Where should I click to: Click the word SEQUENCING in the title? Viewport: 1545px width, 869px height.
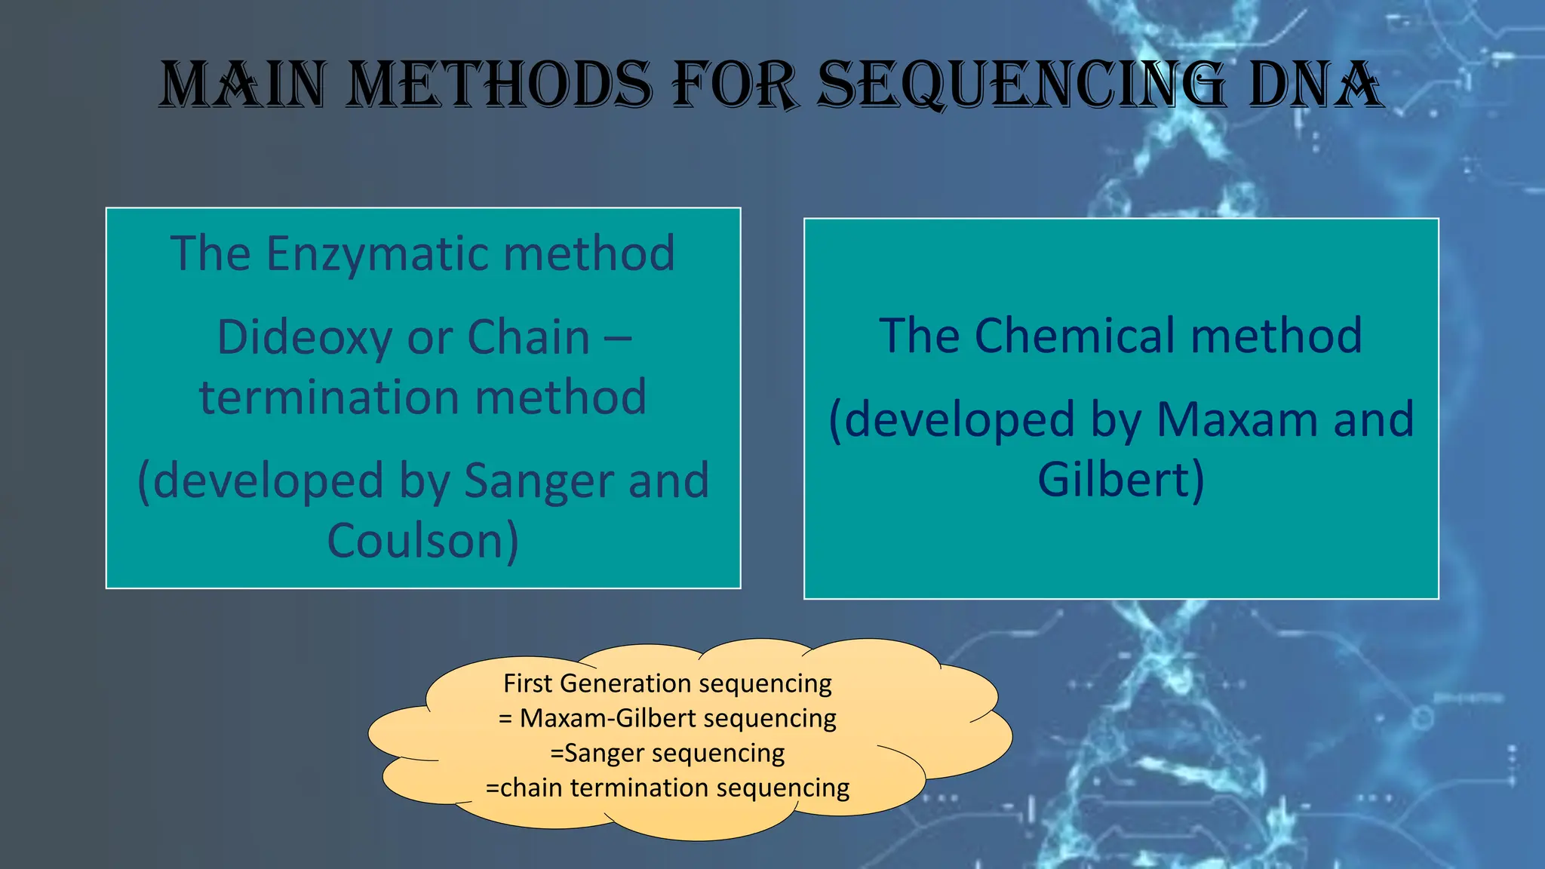click(1021, 84)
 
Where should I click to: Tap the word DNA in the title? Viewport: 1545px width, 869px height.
click(1315, 84)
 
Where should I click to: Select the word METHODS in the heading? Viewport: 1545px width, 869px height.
click(501, 84)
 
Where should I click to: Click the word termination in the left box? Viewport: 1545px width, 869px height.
click(329, 398)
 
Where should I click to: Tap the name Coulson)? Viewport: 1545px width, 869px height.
click(423, 541)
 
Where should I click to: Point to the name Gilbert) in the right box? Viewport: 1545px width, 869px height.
click(1121, 480)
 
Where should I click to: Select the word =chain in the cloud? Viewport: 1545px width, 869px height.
click(525, 788)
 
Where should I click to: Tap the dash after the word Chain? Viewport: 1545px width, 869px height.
click(618, 337)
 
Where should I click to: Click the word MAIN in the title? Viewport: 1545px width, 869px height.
click(243, 84)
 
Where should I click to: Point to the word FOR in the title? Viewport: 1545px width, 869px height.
click(734, 84)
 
